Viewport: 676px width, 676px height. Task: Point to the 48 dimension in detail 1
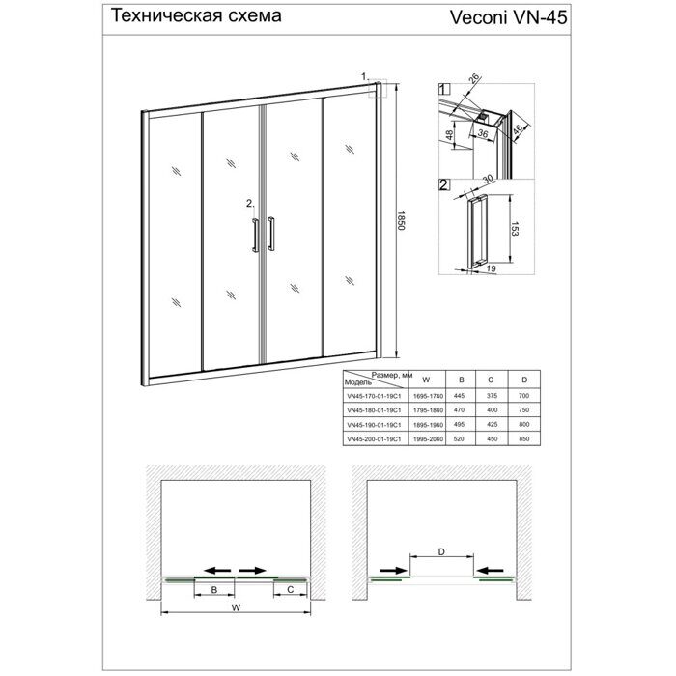pos(451,133)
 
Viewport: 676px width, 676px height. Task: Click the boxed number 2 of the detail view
pos(443,183)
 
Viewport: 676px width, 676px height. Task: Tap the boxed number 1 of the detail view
pos(443,90)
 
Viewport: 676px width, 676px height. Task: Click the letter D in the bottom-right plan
pos(441,553)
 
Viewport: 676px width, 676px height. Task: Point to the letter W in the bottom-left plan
pos(236,607)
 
